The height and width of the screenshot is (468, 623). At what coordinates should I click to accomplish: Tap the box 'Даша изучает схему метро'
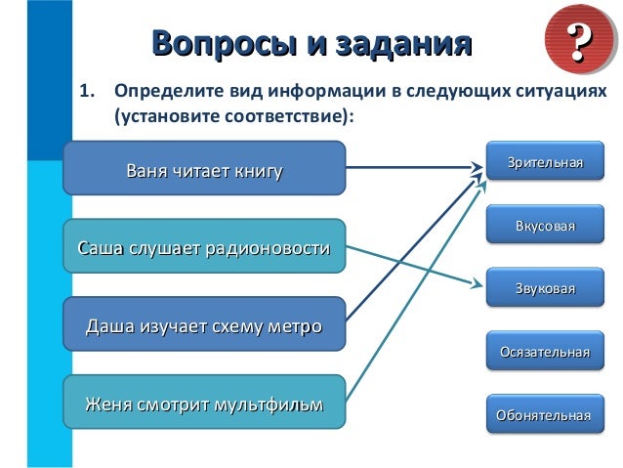coord(204,324)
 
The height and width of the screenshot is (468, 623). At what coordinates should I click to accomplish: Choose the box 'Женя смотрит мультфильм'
coord(204,402)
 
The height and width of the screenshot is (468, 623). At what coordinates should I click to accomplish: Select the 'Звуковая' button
coord(545,288)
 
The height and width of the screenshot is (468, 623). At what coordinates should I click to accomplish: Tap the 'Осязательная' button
coord(545,351)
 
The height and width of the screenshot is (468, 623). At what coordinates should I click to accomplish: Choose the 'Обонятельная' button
coord(545,414)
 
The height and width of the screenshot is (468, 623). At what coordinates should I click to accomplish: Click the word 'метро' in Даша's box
coord(294,324)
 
